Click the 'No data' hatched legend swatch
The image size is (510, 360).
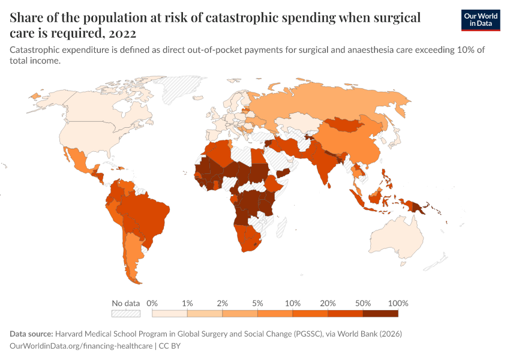(x=126, y=313)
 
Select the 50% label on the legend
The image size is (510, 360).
(x=363, y=303)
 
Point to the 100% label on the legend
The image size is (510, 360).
(x=398, y=303)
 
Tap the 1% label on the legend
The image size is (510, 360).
(x=187, y=303)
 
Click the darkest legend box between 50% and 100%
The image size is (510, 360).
(x=380, y=313)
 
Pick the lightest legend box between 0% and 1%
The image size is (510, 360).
(x=170, y=313)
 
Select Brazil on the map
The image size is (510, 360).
(x=144, y=210)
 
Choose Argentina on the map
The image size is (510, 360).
(x=133, y=252)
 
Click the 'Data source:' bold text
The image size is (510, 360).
(x=31, y=334)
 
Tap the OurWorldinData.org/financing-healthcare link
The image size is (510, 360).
(x=82, y=346)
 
